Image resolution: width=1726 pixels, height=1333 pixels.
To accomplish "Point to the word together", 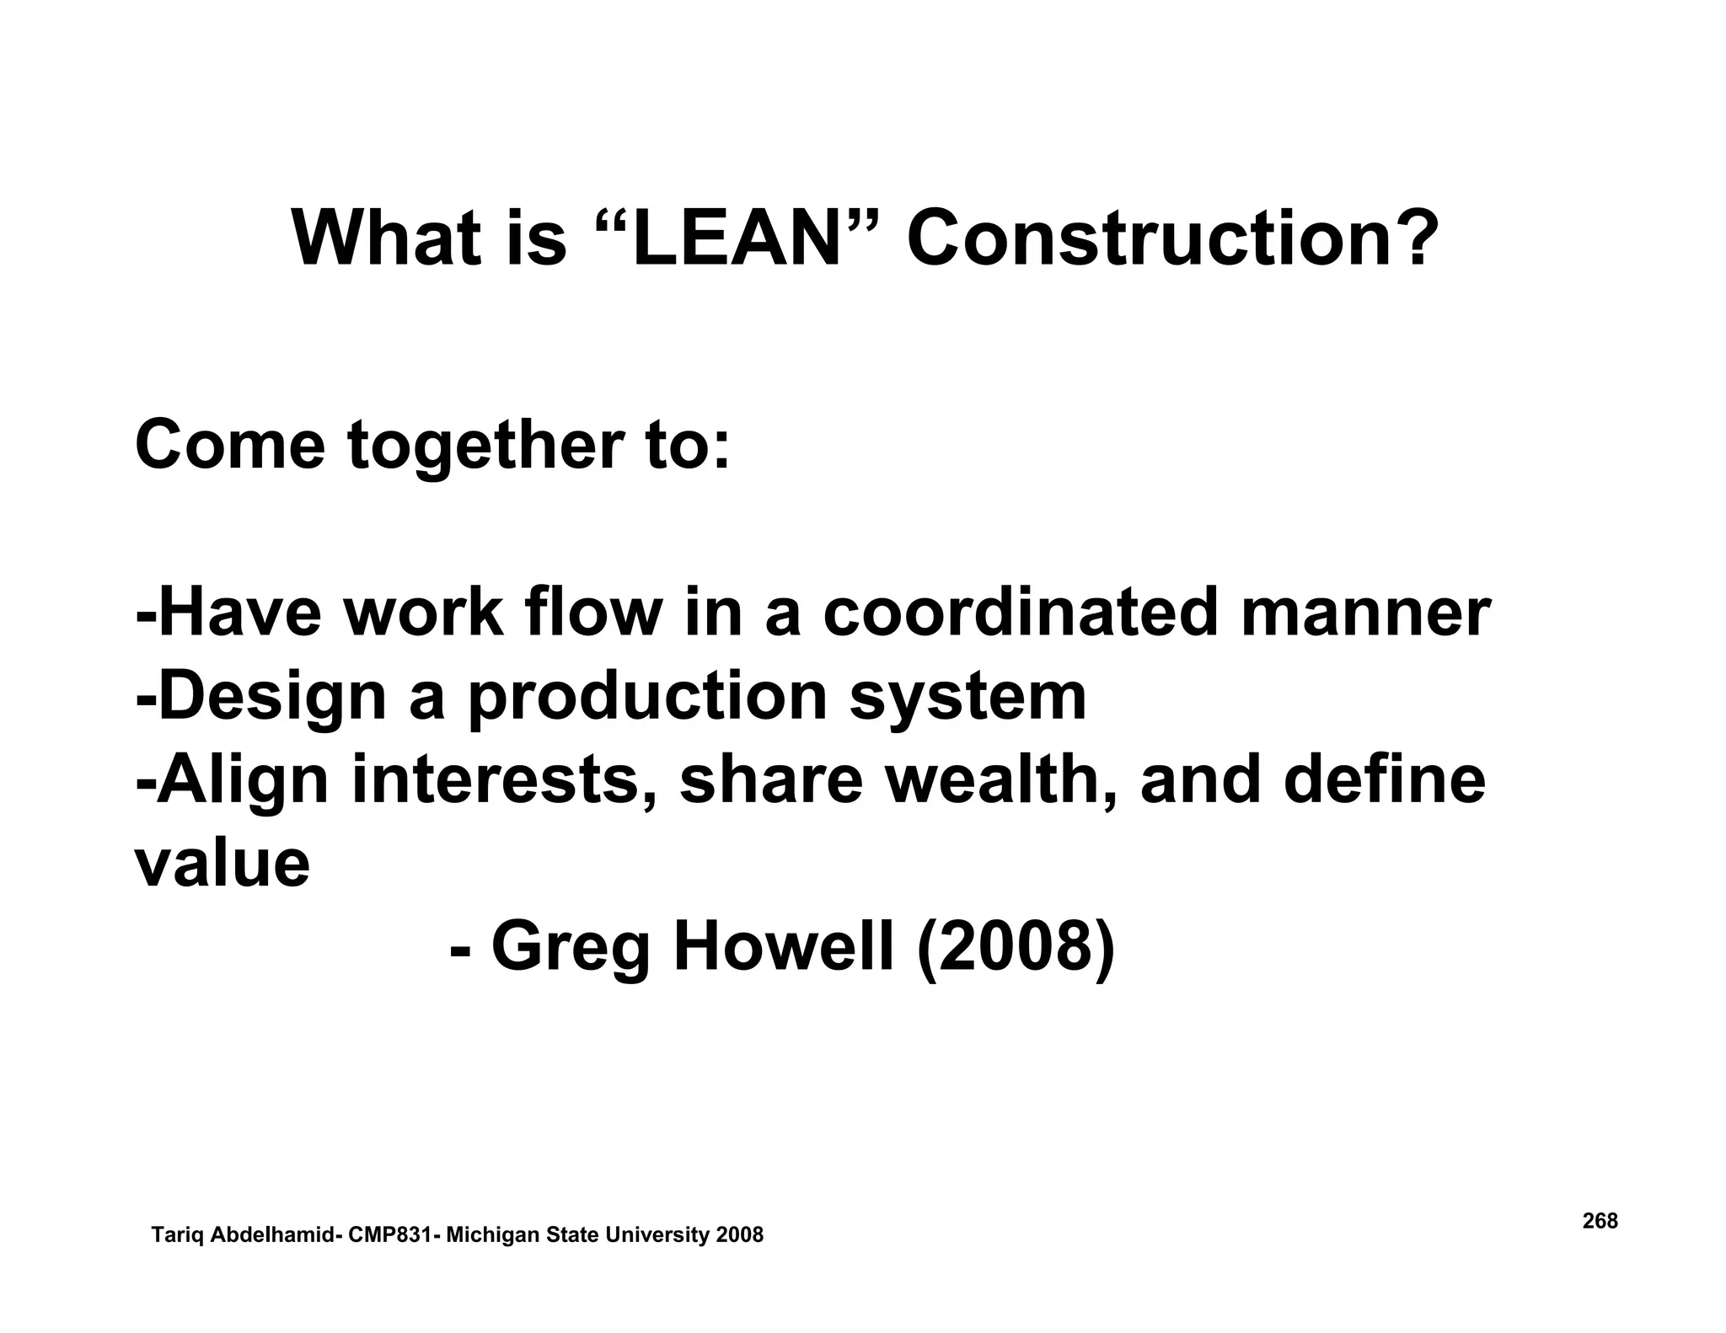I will (x=496, y=447).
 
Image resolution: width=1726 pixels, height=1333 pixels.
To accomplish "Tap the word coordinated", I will (x=1020, y=613).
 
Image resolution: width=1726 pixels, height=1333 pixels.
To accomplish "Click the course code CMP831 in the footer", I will (x=391, y=1235).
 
